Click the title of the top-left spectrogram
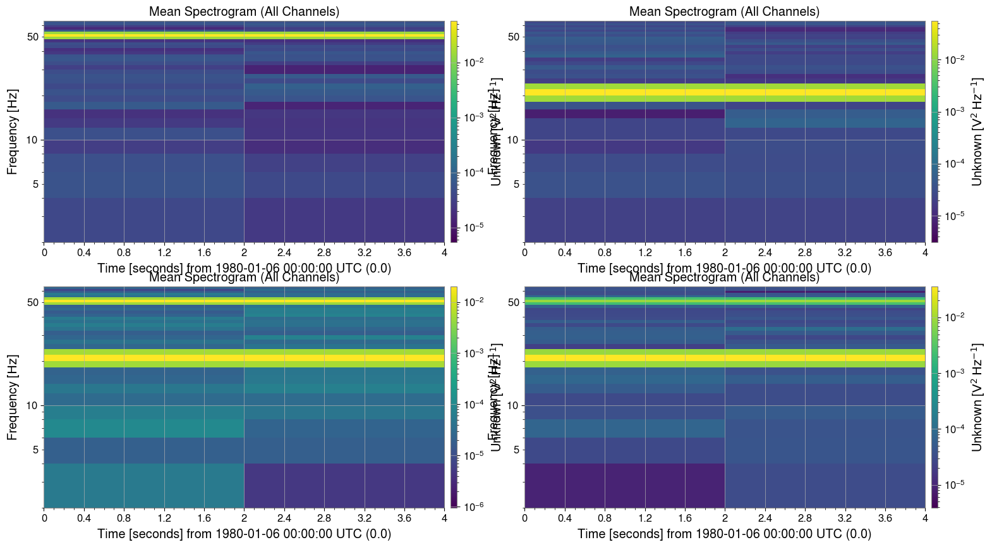click(244, 11)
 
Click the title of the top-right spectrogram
click(724, 11)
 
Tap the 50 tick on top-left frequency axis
click(33, 37)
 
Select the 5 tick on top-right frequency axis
click(516, 184)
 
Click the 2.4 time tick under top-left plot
click(284, 252)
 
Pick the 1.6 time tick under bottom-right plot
click(685, 518)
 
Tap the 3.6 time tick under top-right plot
click(885, 252)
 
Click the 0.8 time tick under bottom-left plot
click(124, 518)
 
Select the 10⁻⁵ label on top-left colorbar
click(474, 227)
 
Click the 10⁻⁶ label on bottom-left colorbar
click(474, 506)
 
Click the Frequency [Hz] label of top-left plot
click(13, 132)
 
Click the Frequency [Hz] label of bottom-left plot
click(13, 397)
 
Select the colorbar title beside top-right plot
click(977, 132)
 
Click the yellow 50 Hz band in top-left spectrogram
click(244, 35)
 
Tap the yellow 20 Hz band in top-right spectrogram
click(724, 92)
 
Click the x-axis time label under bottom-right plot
click(724, 534)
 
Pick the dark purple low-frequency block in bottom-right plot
click(624, 486)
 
